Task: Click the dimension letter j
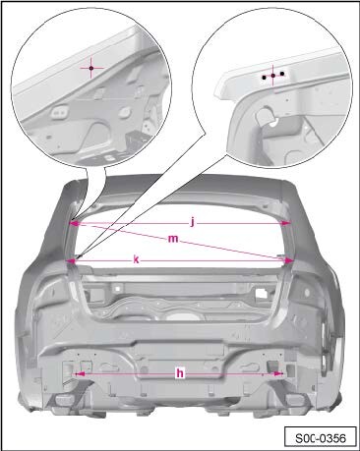tap(193, 223)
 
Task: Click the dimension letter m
tap(173, 239)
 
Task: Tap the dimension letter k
tap(136, 259)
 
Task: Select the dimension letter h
tap(180, 373)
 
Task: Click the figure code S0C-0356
tap(321, 438)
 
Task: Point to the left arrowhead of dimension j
tap(75, 223)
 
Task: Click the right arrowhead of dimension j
tap(286, 223)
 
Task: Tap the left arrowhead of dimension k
tap(71, 260)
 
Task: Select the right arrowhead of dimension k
tap(288, 260)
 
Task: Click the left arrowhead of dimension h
tap(80, 373)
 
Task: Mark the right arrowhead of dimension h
tap(278, 373)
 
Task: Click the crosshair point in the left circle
tap(91, 68)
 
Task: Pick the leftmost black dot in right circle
tap(264, 78)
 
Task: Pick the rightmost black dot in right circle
tap(282, 74)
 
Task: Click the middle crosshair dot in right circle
tap(273, 76)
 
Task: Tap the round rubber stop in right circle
tap(265, 117)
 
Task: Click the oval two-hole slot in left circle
tap(59, 111)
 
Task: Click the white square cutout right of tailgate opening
tap(262, 292)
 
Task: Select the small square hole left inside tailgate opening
tap(115, 289)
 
